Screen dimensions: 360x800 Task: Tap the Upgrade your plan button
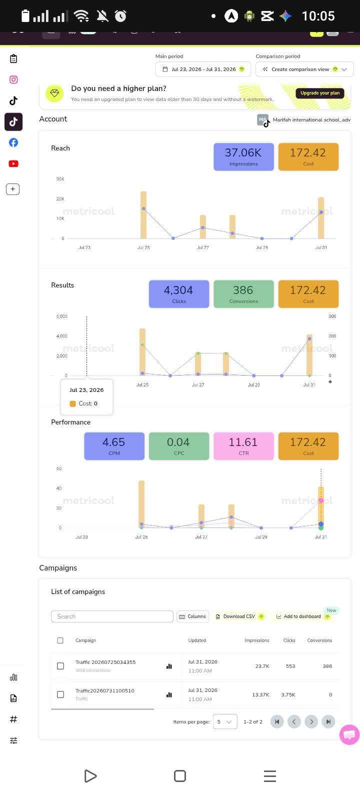[x=320, y=93]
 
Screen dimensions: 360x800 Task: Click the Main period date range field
[x=203, y=69]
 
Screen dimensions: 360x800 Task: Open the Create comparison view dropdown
[x=304, y=69]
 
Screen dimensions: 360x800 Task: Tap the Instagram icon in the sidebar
[x=13, y=79]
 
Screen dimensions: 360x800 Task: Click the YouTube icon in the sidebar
[x=13, y=163]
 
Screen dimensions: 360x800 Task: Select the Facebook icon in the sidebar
[x=13, y=143]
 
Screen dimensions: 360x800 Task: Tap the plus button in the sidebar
[x=13, y=189]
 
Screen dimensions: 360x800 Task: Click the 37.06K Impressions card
[x=243, y=157]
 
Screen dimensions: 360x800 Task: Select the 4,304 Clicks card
[x=179, y=294]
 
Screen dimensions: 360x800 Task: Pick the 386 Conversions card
[x=243, y=294]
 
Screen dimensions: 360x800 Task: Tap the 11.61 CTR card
[x=243, y=446]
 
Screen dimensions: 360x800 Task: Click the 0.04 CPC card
[x=179, y=446]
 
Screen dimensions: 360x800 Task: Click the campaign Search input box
[x=112, y=616]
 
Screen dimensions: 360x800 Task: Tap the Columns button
[x=193, y=616]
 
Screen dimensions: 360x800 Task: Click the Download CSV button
[x=239, y=616]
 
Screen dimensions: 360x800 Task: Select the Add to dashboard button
[x=303, y=616]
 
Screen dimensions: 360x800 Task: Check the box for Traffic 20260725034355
[x=60, y=666]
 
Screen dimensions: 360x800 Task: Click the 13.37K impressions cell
[x=260, y=694]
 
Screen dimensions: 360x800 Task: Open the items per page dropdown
[x=225, y=722]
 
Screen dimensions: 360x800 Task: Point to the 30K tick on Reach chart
[x=60, y=179]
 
